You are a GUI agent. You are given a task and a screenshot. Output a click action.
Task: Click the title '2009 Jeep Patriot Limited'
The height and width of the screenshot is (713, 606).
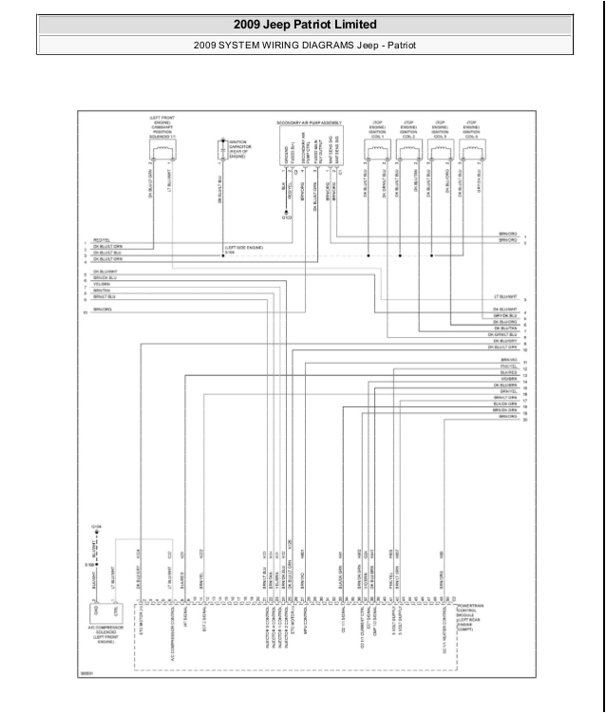[304, 25]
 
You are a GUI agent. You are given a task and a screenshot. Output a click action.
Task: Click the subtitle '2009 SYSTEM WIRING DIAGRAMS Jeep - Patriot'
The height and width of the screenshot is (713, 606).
[304, 44]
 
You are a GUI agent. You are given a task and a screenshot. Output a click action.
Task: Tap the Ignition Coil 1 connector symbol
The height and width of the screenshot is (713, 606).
[377, 146]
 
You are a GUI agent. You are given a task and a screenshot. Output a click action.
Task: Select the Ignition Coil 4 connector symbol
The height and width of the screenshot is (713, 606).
[470, 146]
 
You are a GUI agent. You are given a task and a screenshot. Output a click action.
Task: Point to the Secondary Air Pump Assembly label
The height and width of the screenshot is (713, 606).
[309, 123]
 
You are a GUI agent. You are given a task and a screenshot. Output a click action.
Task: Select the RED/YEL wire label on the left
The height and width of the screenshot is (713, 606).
[102, 240]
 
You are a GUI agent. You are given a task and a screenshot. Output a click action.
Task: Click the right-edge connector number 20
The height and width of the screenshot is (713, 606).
[525, 418]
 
